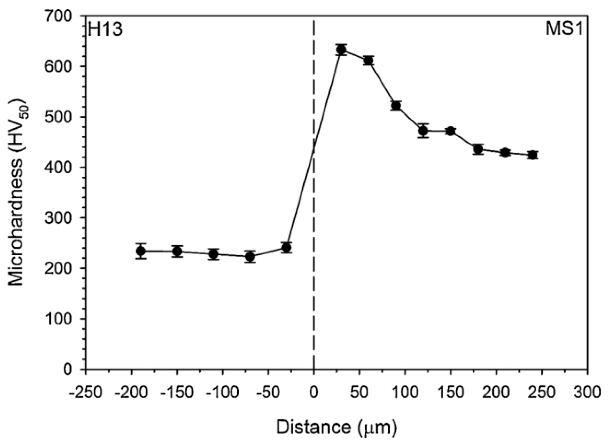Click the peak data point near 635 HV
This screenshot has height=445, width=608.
coord(341,50)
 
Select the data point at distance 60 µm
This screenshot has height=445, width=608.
coord(369,61)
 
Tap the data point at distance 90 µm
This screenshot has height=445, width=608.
coord(396,106)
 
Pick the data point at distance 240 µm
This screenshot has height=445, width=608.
coord(533,155)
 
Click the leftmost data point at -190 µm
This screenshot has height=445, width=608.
coord(141,251)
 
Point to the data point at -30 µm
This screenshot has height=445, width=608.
coord(286,248)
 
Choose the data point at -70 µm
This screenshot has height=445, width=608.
coord(250,257)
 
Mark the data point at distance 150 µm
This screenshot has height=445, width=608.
coord(450,131)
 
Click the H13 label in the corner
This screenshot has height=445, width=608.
coord(105,30)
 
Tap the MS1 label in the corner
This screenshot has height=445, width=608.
coord(564,30)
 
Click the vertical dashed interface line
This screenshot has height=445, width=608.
coord(314,271)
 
